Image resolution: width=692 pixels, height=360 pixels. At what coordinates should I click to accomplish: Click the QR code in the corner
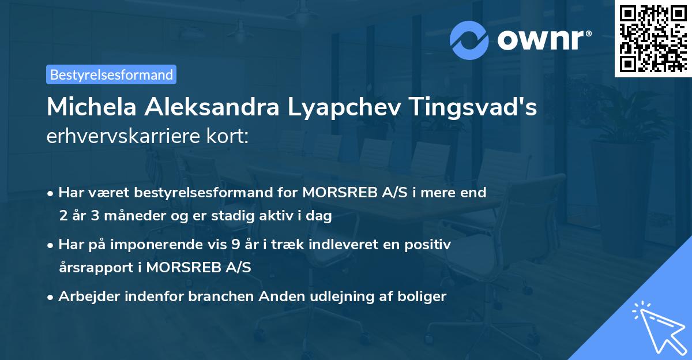coord(653,38)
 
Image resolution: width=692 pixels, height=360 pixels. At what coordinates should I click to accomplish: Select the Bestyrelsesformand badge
coord(111,74)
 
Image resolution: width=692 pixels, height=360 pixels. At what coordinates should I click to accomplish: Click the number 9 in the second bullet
coord(235,245)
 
